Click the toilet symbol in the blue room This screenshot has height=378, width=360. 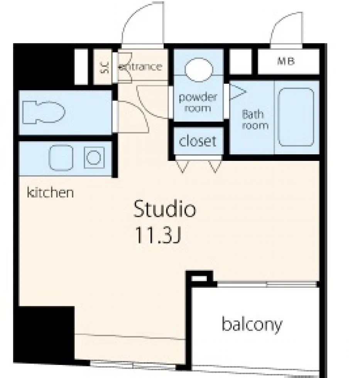coord(43,112)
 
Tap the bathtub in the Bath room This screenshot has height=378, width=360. coord(296,117)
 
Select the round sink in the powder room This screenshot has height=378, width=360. coord(199,70)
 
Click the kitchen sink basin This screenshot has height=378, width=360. coord(61,157)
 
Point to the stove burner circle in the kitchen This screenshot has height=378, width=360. coord(93,158)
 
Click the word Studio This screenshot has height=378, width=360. coord(165,209)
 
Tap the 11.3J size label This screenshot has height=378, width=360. coord(158,235)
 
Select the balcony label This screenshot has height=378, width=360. coord(252,324)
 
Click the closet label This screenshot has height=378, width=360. coord(198,141)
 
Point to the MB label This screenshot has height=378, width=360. coord(286,61)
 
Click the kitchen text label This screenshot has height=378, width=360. coord(50,192)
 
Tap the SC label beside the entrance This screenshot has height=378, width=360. coord(105,67)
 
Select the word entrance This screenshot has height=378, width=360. coord(140,67)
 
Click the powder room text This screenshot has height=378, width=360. coord(198,103)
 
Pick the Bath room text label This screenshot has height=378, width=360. coord(255,120)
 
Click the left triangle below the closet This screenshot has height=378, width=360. coord(182,166)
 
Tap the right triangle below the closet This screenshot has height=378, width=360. coord(215,166)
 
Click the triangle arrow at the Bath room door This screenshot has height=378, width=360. coord(238,92)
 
